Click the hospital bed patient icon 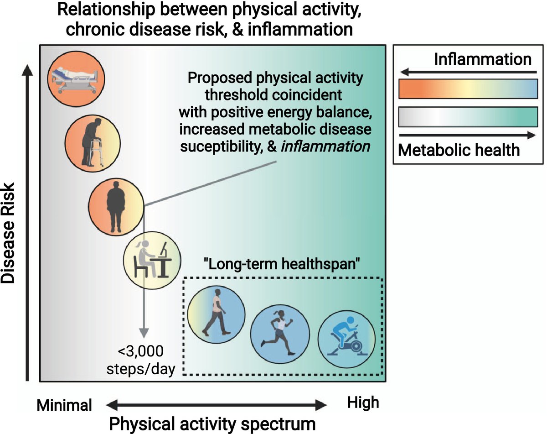[76, 78]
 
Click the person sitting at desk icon [152, 260]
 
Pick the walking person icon [217, 314]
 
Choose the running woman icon [280, 333]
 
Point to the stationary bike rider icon [346, 339]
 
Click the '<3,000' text [140, 351]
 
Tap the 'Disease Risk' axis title [8, 233]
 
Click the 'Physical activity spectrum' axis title [212, 424]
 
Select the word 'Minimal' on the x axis [64, 405]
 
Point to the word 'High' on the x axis [363, 403]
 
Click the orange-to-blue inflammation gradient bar [468, 89]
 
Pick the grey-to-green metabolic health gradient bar [468, 117]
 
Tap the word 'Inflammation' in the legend [483, 59]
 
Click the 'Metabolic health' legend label [459, 150]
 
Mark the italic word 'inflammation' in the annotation [325, 146]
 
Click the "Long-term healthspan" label [282, 264]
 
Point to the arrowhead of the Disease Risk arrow [27, 70]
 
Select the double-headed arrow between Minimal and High [217, 405]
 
